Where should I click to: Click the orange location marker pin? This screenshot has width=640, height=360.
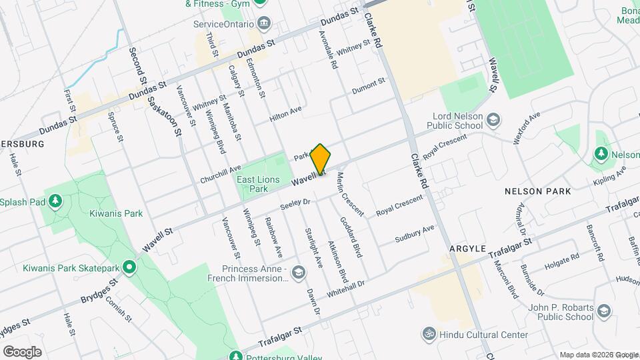click(321, 159)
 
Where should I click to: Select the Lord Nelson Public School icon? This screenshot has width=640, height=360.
click(493, 120)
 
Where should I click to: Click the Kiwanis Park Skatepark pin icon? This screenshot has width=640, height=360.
click(129, 268)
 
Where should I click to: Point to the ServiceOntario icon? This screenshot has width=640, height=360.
click(265, 24)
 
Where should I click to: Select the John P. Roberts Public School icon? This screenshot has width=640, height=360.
click(603, 311)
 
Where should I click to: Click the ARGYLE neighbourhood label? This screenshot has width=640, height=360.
click(467, 248)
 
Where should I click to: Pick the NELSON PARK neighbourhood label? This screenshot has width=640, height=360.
click(537, 191)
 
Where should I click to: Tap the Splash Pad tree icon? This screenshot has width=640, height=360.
click(55, 201)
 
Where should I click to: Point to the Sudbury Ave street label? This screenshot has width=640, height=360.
click(414, 234)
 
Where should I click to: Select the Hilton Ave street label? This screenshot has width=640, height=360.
click(285, 114)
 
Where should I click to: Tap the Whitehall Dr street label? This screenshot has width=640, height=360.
click(347, 289)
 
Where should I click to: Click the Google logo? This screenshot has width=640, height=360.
click(22, 351)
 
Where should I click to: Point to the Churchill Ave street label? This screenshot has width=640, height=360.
click(220, 175)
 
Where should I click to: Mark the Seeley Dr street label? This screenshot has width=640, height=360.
click(295, 202)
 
